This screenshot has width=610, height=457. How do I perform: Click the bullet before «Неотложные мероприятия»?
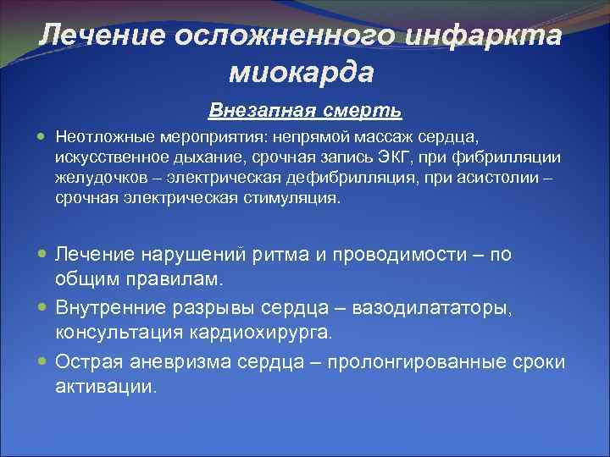click(x=42, y=135)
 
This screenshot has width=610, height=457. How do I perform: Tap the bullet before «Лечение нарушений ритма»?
click(x=42, y=254)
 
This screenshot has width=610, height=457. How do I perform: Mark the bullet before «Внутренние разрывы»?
click(x=42, y=308)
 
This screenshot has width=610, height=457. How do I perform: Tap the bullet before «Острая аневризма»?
click(x=42, y=362)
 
